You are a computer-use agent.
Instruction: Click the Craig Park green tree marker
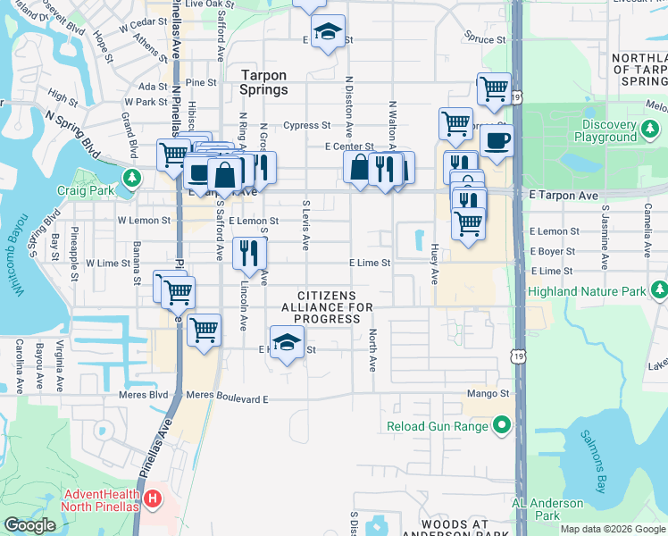click(133, 179)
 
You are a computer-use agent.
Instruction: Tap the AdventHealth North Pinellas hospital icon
click(154, 498)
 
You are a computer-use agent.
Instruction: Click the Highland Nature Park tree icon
click(660, 289)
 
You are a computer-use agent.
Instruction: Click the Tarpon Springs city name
click(264, 83)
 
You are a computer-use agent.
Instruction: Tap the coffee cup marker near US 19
click(496, 139)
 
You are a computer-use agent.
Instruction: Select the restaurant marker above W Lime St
click(249, 251)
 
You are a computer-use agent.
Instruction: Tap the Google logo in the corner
click(30, 525)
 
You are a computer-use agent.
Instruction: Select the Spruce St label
click(485, 39)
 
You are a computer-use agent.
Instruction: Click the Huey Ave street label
click(435, 264)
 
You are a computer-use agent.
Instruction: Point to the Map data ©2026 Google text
click(612, 529)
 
